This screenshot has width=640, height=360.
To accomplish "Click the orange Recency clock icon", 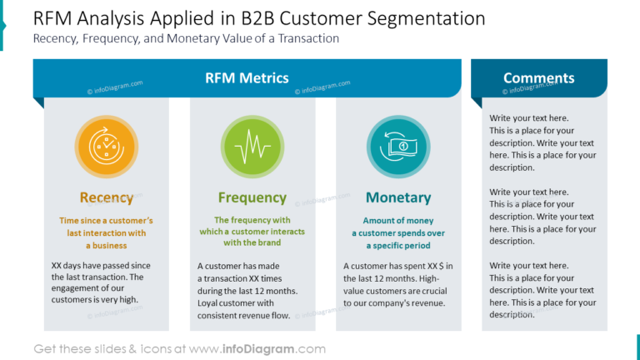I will (106, 147).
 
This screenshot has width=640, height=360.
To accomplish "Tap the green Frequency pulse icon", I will (252, 147).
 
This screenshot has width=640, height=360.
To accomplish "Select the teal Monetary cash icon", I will (397, 147).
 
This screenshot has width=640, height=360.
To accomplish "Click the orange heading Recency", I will (106, 197).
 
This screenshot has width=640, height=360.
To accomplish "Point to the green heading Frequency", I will (252, 197).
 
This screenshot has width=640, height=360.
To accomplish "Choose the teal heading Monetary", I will (398, 197).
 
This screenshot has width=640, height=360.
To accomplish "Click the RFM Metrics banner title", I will (247, 78).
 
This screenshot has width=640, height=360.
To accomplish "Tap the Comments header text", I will (538, 78).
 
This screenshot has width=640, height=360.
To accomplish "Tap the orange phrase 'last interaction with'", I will (106, 233).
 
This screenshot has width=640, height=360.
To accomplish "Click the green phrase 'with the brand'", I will (252, 243).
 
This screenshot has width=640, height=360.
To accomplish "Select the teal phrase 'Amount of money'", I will (398, 221).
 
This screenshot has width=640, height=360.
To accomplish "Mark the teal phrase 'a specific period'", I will (398, 246).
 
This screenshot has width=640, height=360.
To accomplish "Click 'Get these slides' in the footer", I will (80, 349).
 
